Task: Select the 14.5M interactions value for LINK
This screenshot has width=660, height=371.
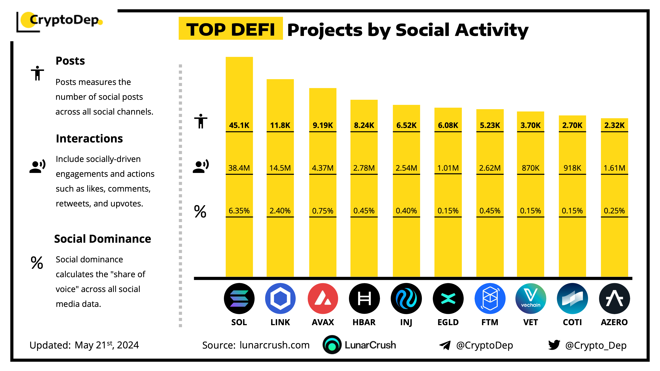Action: point(280,168)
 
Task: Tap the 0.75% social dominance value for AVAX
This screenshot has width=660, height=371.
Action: point(323,211)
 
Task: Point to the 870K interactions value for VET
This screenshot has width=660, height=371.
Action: point(530,168)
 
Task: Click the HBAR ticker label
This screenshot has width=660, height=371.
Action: point(364,322)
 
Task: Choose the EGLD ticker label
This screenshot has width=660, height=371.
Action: point(448,322)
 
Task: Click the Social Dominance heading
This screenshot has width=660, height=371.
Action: point(102,239)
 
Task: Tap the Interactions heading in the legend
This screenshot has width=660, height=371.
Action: point(89,139)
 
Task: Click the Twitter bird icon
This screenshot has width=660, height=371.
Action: point(554,345)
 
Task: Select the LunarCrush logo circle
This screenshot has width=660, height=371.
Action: point(332,345)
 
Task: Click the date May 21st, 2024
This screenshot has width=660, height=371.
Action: point(107,345)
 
